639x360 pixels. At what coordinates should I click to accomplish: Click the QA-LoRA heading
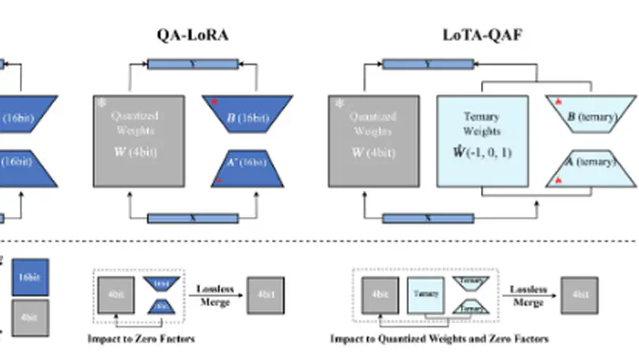point(192,36)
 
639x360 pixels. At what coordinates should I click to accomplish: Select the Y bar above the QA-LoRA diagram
point(191,64)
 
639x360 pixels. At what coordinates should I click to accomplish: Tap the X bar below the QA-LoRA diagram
point(191,217)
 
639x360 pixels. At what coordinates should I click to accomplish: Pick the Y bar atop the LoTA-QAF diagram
point(427,64)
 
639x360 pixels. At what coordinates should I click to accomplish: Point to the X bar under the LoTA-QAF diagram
point(427,217)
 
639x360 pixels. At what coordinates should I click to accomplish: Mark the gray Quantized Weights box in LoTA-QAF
point(372,141)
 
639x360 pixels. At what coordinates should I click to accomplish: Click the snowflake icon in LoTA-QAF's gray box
point(340,103)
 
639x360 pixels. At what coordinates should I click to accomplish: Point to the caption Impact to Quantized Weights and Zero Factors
point(439,339)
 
